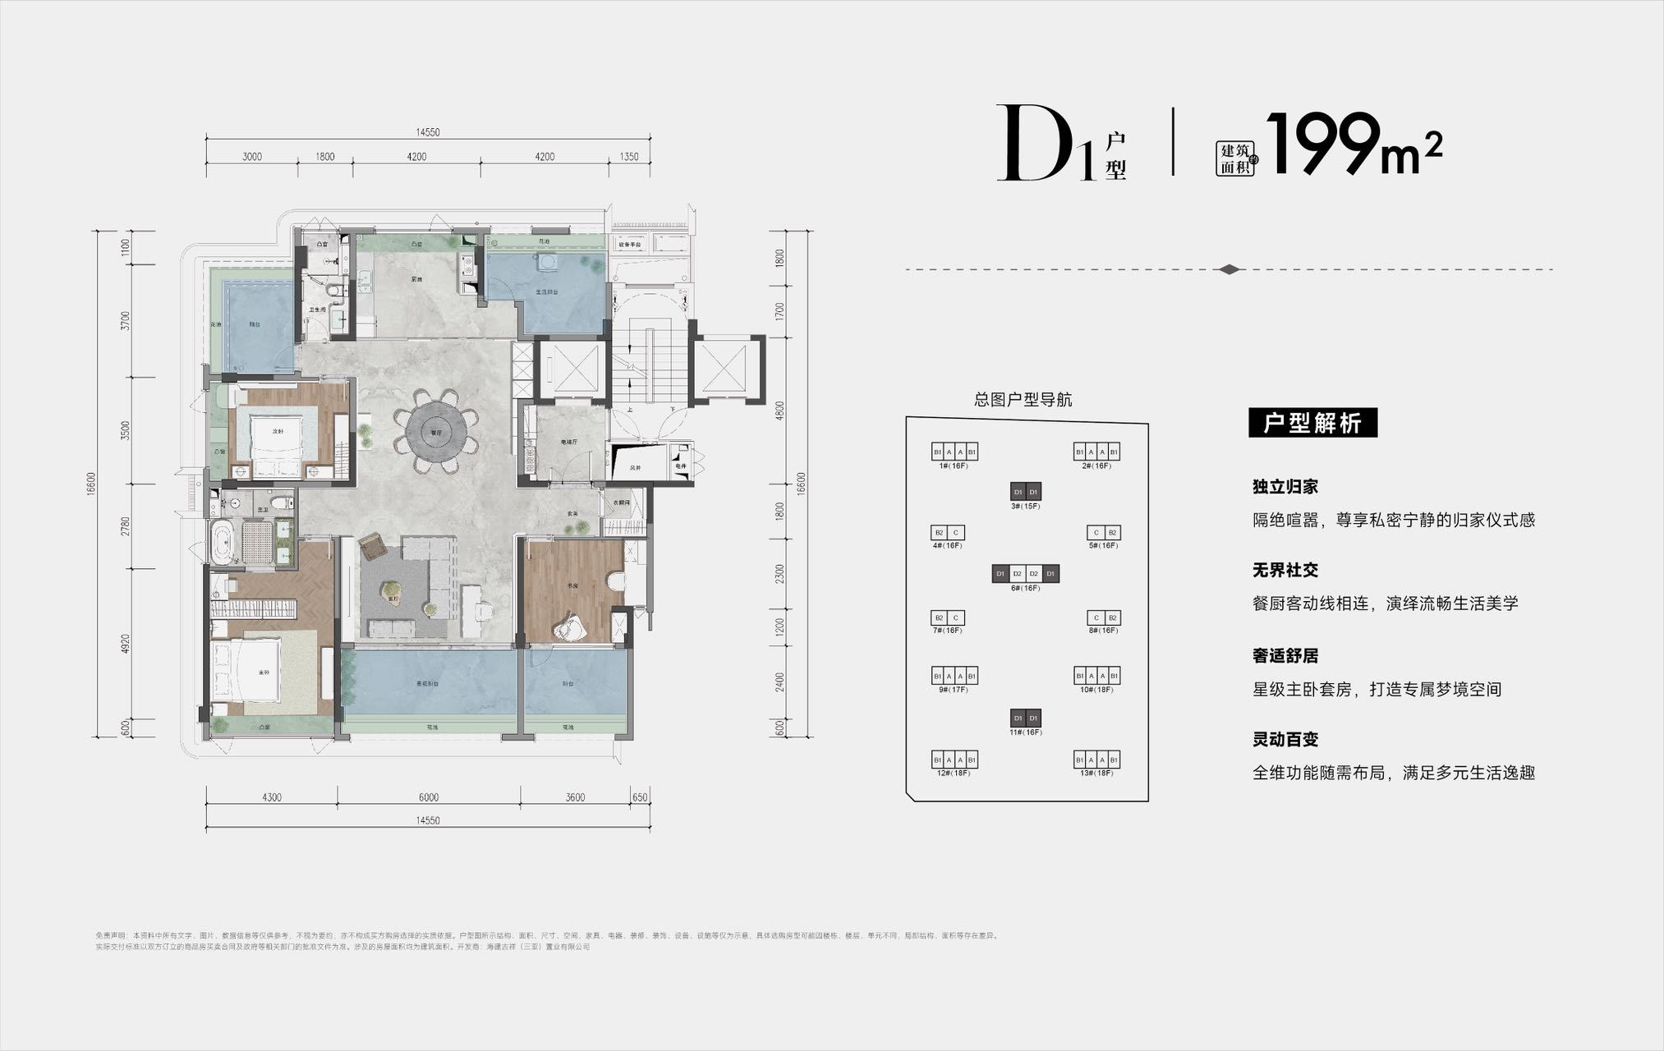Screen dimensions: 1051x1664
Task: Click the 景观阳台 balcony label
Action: [428, 683]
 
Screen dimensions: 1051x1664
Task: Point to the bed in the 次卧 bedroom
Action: [277, 441]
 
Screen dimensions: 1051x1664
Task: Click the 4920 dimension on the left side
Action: [125, 644]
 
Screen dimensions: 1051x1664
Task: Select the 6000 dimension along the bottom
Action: [428, 797]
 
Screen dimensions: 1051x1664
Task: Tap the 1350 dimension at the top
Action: [628, 157]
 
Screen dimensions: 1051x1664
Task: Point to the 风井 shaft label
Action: [635, 468]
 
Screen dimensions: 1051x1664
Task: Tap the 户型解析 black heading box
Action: [1312, 423]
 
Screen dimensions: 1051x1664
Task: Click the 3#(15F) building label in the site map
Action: [1025, 506]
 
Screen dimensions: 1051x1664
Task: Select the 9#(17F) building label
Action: [954, 690]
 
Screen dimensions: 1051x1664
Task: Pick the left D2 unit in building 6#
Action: [1017, 573]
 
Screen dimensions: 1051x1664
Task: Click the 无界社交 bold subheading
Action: [1285, 570]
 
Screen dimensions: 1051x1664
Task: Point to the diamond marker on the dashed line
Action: [1229, 269]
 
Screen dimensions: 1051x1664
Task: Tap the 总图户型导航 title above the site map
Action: [1023, 400]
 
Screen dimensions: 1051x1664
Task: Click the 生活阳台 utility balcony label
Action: [547, 291]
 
